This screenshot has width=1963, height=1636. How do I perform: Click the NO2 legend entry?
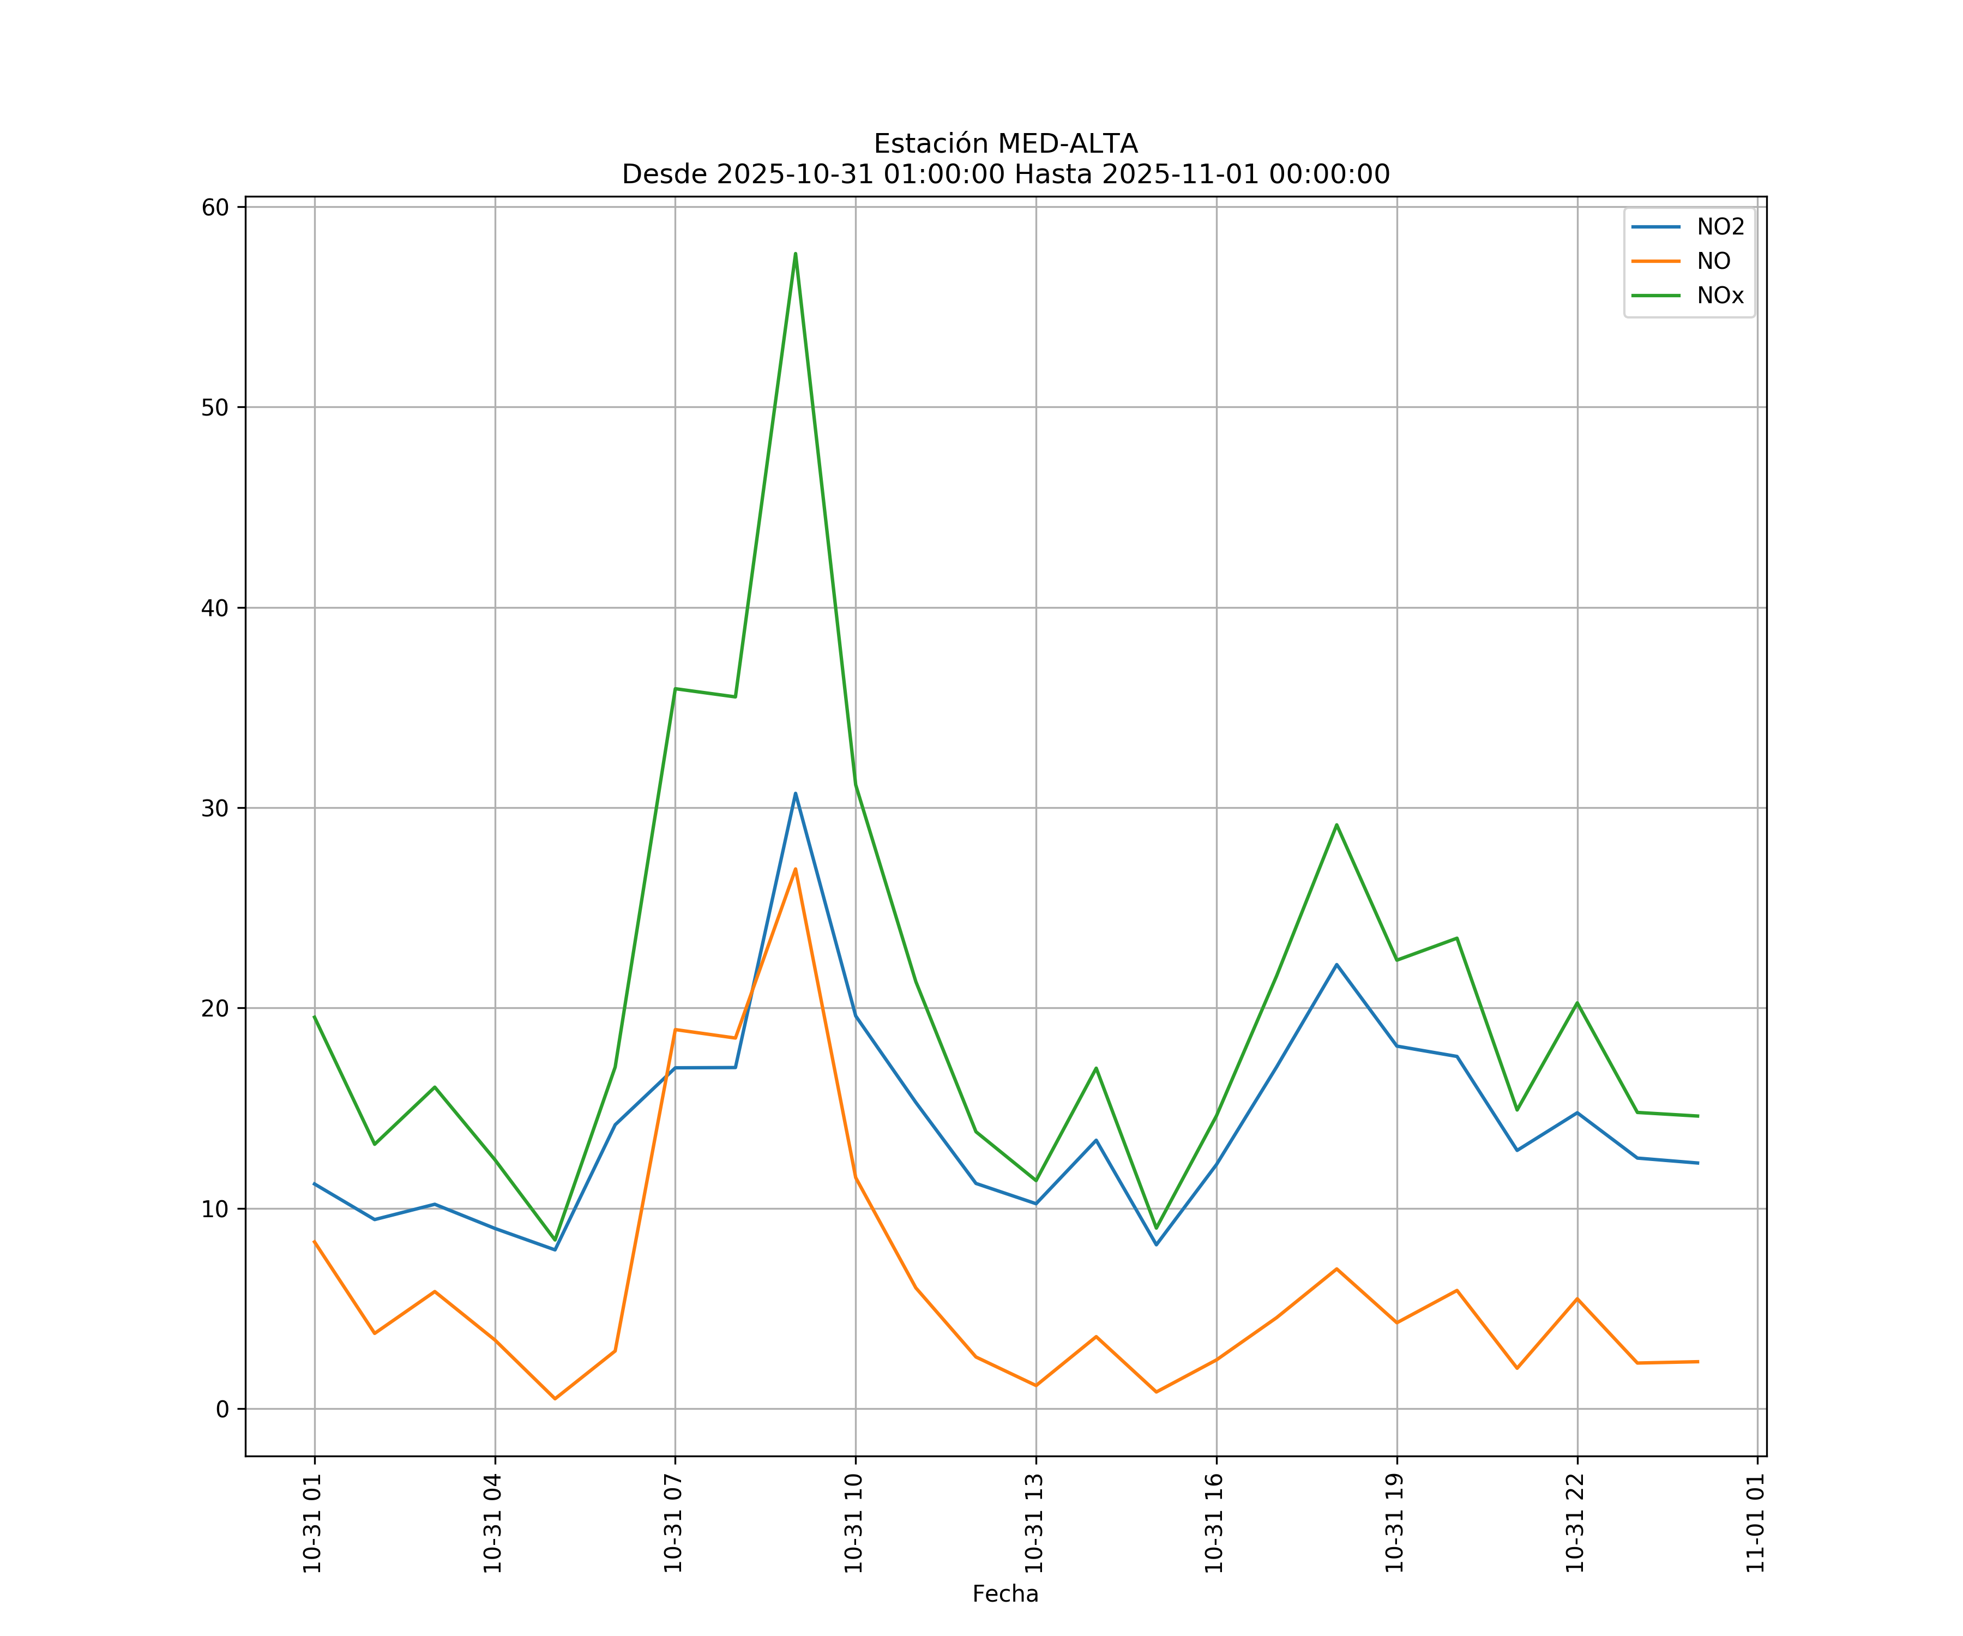pyautogui.click(x=1720, y=227)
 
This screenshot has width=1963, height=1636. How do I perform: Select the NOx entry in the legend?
pyautogui.click(x=1720, y=296)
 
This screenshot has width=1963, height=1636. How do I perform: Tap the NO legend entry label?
pyautogui.click(x=1713, y=262)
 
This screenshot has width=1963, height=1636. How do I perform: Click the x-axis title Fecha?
pyautogui.click(x=1005, y=1594)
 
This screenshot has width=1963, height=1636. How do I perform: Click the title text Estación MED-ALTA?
pyautogui.click(x=1005, y=144)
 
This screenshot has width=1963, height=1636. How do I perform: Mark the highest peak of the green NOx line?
pyautogui.click(x=796, y=254)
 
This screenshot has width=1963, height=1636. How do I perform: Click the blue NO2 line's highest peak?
pyautogui.click(x=796, y=793)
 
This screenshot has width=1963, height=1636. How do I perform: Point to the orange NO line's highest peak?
pyautogui.click(x=796, y=869)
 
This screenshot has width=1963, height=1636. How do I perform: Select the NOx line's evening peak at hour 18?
pyautogui.click(x=1336, y=825)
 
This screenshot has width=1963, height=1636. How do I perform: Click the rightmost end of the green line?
pyautogui.click(x=1697, y=1116)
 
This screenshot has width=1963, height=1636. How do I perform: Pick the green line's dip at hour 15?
pyautogui.click(x=1157, y=1229)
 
